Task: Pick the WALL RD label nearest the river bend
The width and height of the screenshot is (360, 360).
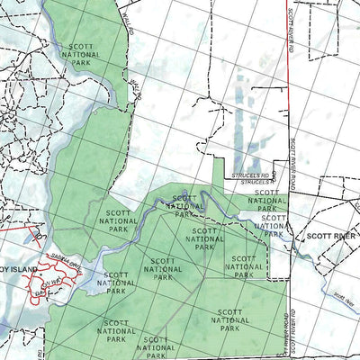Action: (x=136, y=88)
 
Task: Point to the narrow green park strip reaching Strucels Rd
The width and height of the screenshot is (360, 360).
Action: (x=217, y=166)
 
